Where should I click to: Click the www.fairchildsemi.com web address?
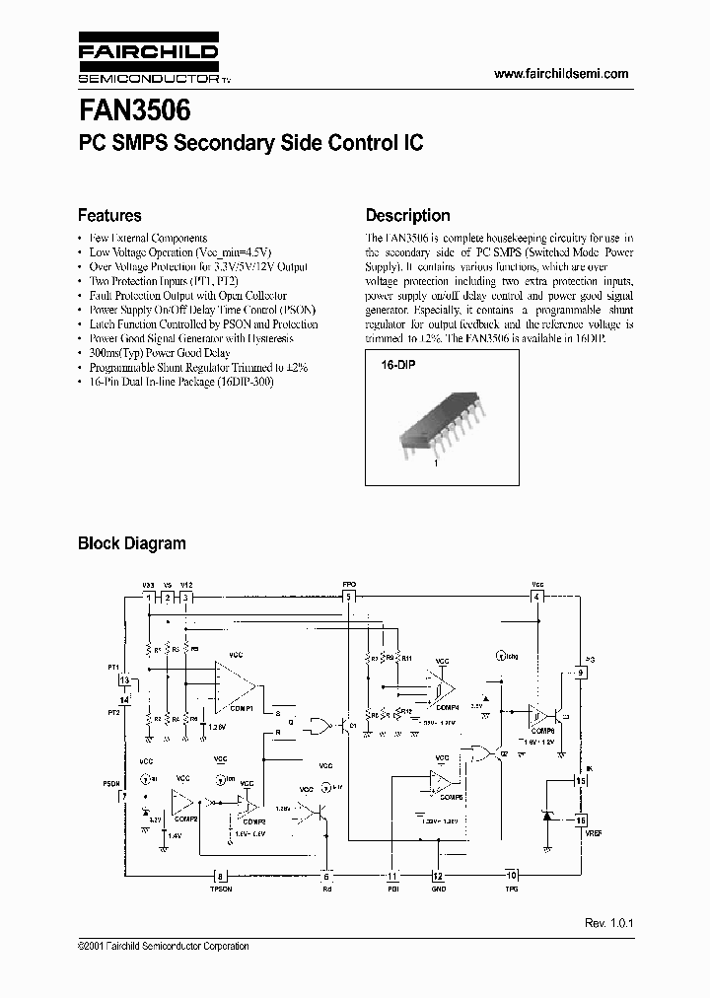point(559,74)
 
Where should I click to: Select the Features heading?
point(109,215)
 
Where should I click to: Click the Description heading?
point(407,215)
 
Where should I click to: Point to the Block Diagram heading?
point(131,542)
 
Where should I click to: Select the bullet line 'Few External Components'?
point(147,239)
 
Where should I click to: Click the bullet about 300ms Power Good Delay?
point(159,353)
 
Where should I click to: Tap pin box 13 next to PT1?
point(123,680)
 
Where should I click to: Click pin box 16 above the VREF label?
point(581,820)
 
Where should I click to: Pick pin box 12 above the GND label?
point(438,875)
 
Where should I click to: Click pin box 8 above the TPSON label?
point(219,875)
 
